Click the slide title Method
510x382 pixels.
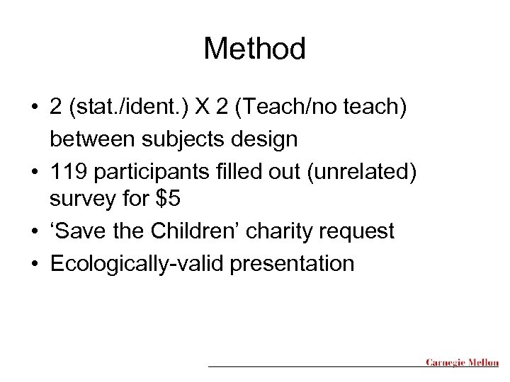pos(255,49)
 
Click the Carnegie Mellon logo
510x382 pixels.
pos(462,363)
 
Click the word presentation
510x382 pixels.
pos(290,263)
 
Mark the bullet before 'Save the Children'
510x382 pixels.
pos(33,231)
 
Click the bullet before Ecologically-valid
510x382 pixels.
pos(33,263)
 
